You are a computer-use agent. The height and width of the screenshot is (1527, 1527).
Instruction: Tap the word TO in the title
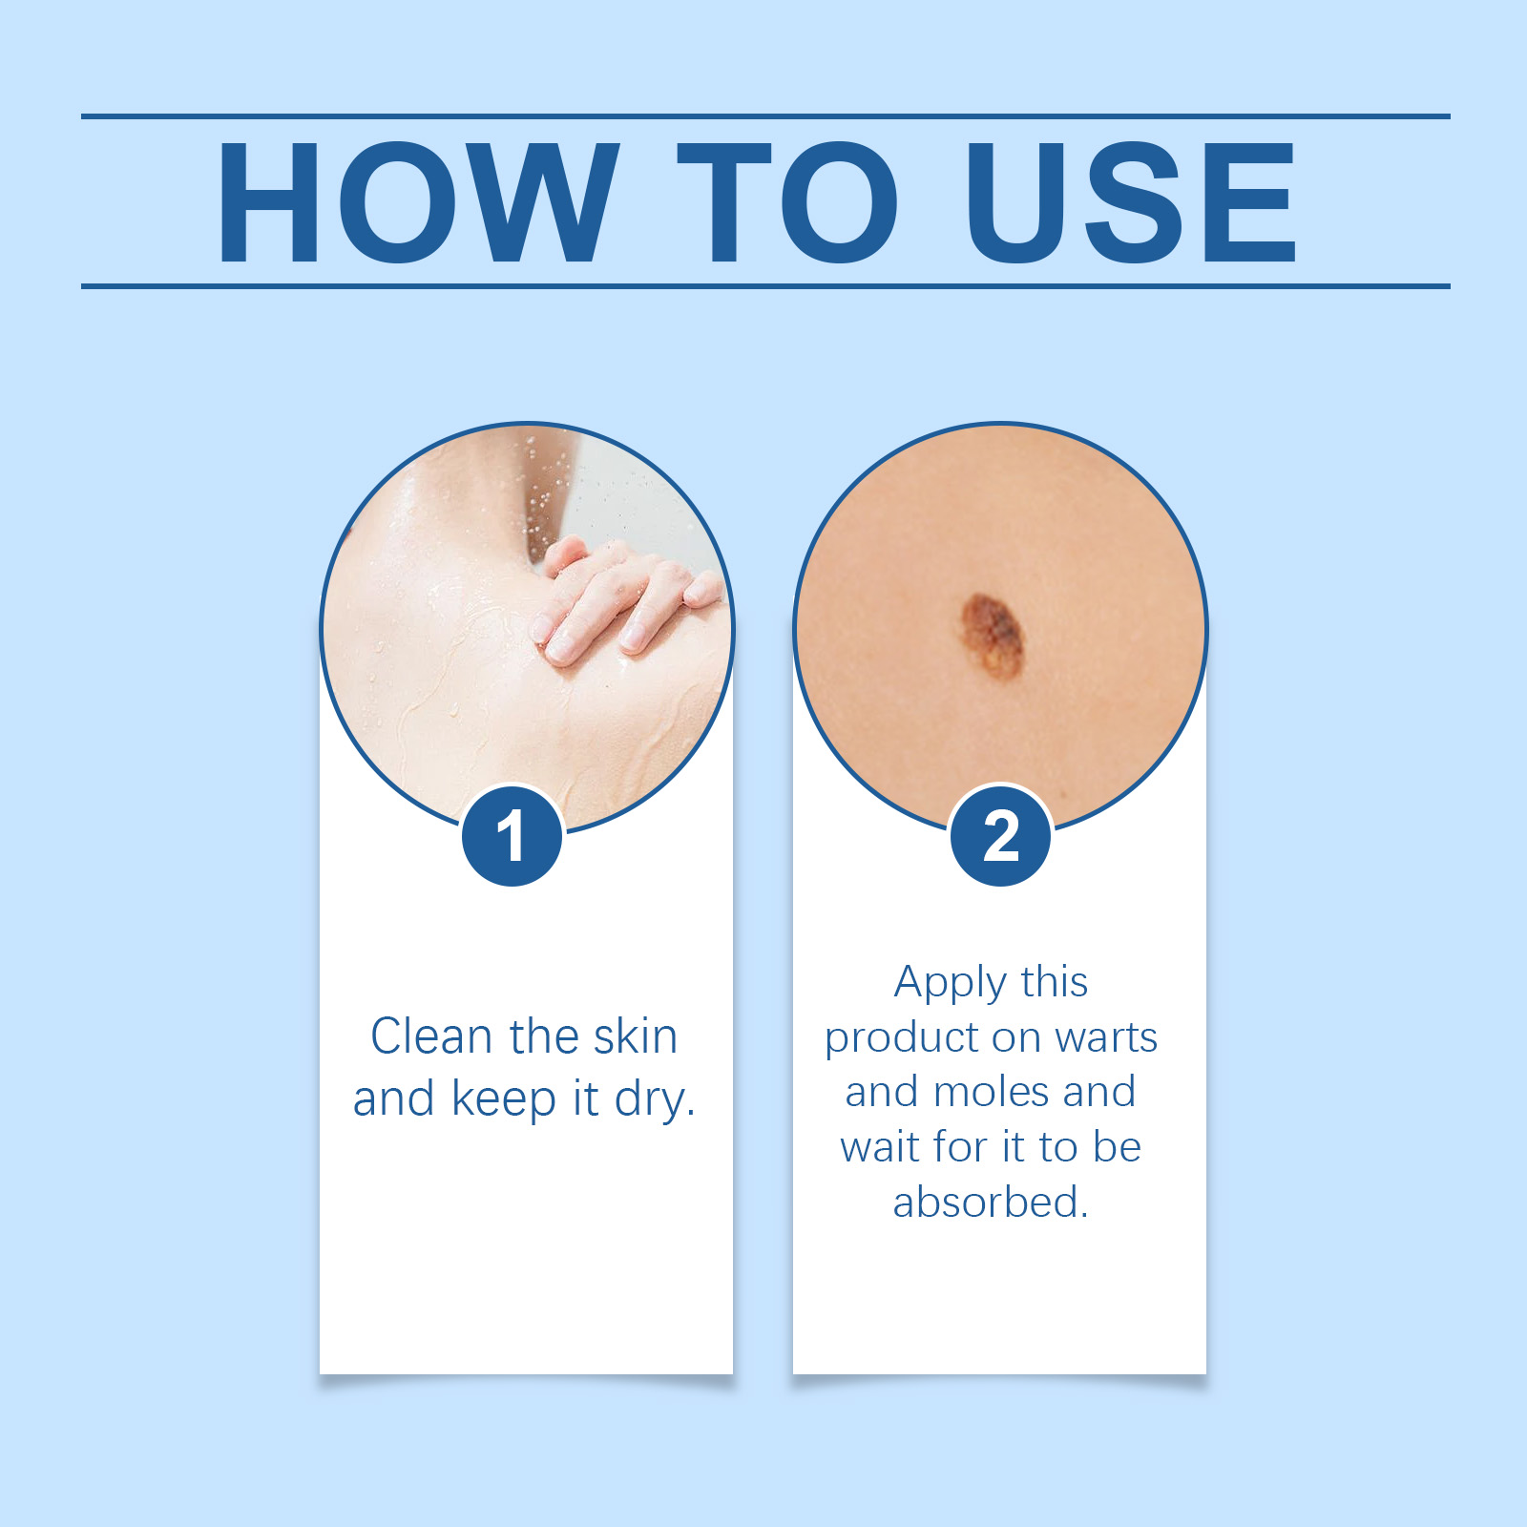point(787,201)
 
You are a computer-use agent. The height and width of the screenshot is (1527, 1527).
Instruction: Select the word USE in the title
point(1131,201)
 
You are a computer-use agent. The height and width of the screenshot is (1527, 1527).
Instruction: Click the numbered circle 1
point(512,836)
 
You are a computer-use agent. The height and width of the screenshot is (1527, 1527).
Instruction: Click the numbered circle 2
point(1001,836)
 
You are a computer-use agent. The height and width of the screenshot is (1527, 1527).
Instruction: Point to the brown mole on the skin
point(993,636)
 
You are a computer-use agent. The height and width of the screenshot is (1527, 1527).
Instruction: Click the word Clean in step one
point(430,1036)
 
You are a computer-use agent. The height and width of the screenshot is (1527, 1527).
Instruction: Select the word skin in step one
point(636,1035)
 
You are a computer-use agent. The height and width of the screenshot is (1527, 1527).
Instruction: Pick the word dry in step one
point(655,1100)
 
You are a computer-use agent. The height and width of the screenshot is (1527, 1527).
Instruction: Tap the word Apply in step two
point(951,983)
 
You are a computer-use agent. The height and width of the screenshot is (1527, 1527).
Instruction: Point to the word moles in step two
point(992,1092)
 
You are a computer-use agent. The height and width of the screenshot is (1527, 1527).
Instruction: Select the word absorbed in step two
point(991,1202)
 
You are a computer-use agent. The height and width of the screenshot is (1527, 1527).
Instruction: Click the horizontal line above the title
point(765,116)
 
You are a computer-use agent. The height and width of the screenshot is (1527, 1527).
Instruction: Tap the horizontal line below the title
point(765,285)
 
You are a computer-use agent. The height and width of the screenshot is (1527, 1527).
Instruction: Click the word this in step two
point(1055,982)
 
